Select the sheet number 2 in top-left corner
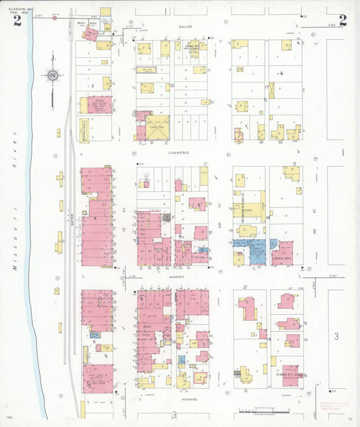16,20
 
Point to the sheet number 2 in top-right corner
342,20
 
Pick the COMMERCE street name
179,153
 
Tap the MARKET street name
177,276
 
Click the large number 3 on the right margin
335,336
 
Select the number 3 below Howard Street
173,414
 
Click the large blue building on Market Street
255,250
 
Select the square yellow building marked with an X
157,127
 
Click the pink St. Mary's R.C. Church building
290,373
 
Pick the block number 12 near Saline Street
172,86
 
